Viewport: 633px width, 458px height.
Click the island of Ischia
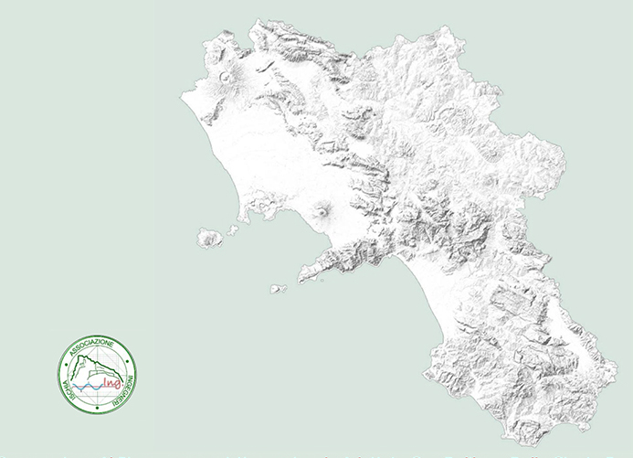(210, 239)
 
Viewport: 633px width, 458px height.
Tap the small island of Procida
(233, 230)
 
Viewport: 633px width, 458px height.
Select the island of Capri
(278, 289)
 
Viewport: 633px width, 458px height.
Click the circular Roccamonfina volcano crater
(225, 76)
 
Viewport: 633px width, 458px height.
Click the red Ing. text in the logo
(113, 382)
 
